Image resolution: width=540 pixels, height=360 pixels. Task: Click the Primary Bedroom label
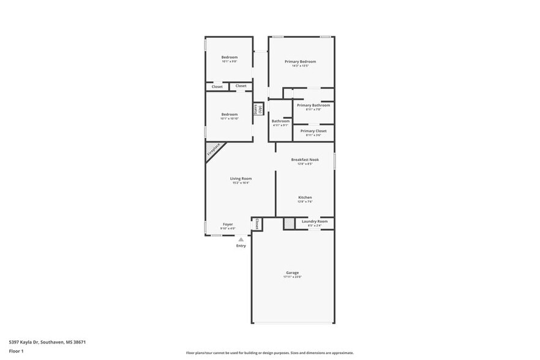pyautogui.click(x=300, y=61)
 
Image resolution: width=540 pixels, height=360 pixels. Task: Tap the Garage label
pyautogui.click(x=292, y=272)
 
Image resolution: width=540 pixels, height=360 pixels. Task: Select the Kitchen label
pyautogui.click(x=305, y=197)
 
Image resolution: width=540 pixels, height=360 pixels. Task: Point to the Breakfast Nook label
pyautogui.click(x=305, y=159)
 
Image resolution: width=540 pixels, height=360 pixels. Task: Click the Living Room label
pyautogui.click(x=241, y=178)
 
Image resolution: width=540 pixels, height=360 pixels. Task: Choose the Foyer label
pyautogui.click(x=228, y=224)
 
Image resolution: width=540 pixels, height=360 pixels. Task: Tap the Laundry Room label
pyautogui.click(x=315, y=221)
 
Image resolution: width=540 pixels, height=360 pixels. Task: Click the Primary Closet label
pyautogui.click(x=313, y=130)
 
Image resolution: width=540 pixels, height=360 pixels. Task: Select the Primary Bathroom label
pyautogui.click(x=313, y=105)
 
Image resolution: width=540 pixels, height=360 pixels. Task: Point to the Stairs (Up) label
pyautogui.click(x=258, y=109)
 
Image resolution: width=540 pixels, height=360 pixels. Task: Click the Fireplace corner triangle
pyautogui.click(x=212, y=151)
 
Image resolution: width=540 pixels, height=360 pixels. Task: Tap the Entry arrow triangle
pyautogui.click(x=241, y=239)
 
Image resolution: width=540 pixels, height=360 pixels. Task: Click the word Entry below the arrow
pyautogui.click(x=241, y=246)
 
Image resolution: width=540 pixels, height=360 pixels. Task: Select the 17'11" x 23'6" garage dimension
pyautogui.click(x=292, y=277)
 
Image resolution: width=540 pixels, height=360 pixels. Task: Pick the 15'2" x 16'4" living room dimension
pyautogui.click(x=241, y=183)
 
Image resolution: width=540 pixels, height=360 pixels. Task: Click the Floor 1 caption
pyautogui.click(x=16, y=351)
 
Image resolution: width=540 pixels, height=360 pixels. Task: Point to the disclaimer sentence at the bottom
pyautogui.click(x=270, y=353)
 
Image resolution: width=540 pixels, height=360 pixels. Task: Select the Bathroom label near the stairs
pyautogui.click(x=280, y=121)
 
